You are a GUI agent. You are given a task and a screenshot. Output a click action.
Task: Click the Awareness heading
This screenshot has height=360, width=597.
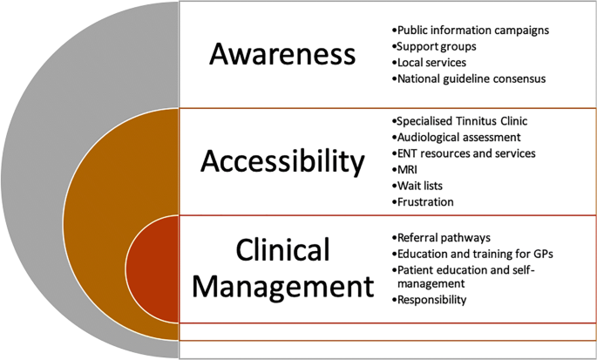(283, 54)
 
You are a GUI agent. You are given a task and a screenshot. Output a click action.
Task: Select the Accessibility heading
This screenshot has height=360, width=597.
(282, 161)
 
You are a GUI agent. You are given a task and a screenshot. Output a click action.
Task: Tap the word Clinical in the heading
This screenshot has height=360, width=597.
(282, 250)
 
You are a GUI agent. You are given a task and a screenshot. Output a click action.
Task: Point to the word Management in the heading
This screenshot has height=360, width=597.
(282, 285)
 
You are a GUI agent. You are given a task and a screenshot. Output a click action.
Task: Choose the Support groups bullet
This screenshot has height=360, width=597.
(435, 46)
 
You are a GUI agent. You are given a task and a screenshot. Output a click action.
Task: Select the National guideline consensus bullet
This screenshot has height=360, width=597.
(470, 79)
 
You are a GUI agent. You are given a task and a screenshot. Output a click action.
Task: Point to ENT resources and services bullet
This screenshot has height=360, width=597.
(465, 153)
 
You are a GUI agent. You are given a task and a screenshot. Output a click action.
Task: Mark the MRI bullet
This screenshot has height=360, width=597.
(407, 170)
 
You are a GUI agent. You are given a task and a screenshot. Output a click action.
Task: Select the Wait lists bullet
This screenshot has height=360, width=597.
(421, 186)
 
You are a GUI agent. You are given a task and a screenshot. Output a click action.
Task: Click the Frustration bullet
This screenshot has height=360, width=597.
(424, 202)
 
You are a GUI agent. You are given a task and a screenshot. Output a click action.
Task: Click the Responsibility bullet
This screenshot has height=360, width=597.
(432, 300)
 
